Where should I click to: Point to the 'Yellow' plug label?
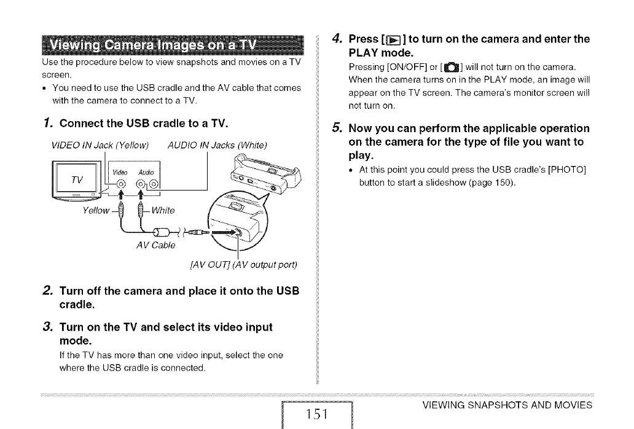click(x=95, y=210)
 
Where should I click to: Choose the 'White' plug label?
click(x=161, y=210)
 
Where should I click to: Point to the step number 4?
click(x=335, y=39)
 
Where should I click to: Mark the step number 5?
click(x=335, y=128)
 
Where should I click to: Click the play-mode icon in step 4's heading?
click(x=390, y=41)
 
